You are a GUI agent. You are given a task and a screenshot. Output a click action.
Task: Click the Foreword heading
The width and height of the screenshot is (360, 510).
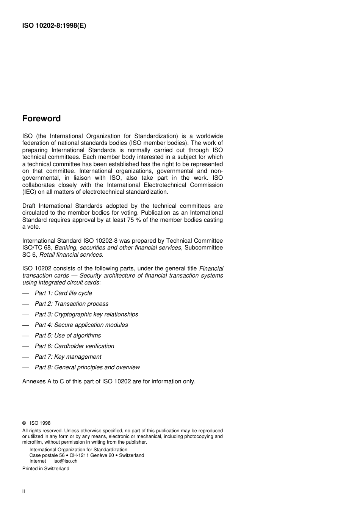click(41, 119)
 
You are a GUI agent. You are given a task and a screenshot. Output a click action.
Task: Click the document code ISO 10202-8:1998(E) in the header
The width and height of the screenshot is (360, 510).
click(54, 26)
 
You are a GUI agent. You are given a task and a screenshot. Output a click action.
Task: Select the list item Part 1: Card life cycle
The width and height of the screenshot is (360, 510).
click(63, 293)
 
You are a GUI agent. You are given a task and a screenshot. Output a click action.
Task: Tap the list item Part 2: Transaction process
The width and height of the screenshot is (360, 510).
click(71, 304)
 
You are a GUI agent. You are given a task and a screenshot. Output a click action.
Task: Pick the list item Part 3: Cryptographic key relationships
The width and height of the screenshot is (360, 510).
click(86, 314)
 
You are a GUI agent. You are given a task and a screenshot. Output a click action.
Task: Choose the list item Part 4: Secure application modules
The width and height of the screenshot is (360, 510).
click(81, 325)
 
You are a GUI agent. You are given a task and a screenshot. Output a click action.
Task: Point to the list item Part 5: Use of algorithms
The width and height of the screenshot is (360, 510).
click(68, 336)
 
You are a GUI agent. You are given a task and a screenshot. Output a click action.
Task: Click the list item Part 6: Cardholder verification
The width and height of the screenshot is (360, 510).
click(74, 346)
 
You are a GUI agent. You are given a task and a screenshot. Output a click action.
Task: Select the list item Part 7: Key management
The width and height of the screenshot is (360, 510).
click(68, 357)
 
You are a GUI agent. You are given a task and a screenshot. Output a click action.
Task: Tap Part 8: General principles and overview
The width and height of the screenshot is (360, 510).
click(87, 367)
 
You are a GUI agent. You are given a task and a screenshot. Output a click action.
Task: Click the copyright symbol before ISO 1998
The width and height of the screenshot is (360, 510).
click(24, 423)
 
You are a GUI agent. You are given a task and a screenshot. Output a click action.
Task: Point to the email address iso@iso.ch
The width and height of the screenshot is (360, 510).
click(65, 461)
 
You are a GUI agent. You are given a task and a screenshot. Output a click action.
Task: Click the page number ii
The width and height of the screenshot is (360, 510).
click(23, 491)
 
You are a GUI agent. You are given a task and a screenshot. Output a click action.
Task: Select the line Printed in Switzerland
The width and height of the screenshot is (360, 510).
click(46, 469)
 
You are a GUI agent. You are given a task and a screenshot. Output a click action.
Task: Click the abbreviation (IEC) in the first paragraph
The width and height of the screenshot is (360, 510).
click(29, 192)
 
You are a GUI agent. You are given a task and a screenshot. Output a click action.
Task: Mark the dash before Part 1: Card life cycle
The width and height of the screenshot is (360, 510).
click(25, 293)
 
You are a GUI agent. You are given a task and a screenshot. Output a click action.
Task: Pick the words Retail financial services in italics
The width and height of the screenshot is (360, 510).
click(76, 255)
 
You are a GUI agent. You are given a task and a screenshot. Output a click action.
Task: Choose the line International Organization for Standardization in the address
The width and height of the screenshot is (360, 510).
click(78, 450)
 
